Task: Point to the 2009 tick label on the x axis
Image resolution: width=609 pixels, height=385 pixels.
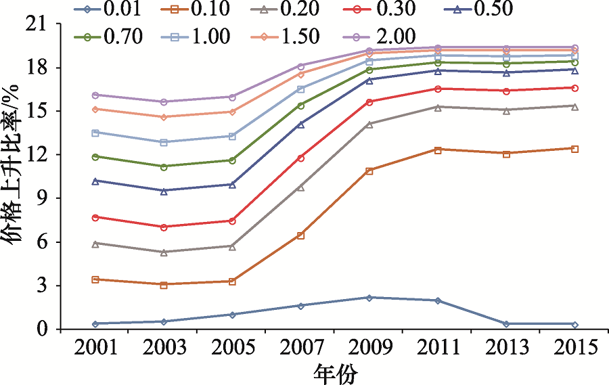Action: (x=369, y=347)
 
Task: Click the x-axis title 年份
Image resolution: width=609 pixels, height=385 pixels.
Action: (x=335, y=372)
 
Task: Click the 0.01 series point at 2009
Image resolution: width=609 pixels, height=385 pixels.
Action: (x=369, y=298)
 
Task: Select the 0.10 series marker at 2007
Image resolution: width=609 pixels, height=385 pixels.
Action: (x=300, y=235)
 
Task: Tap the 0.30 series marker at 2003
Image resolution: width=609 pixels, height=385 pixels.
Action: (x=163, y=227)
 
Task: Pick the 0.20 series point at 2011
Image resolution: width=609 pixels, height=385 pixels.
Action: (x=438, y=107)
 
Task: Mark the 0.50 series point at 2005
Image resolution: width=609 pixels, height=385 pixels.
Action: (x=232, y=184)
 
